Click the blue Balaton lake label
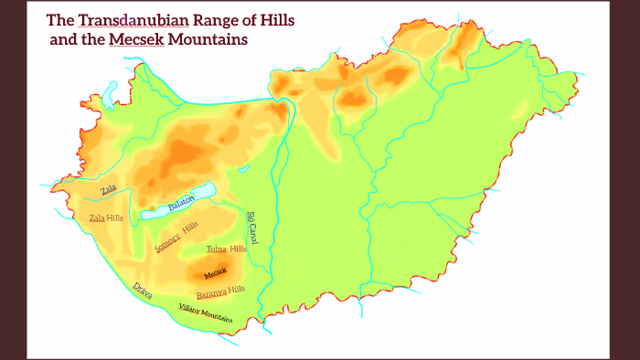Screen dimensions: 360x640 click(x=181, y=204)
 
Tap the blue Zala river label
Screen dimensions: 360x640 click(x=109, y=190)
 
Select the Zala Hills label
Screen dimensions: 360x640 click(x=105, y=217)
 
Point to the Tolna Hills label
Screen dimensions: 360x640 click(x=227, y=249)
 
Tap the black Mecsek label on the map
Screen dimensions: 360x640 click(x=215, y=273)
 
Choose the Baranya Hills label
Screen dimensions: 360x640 click(x=220, y=291)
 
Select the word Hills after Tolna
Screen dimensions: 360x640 click(x=238, y=249)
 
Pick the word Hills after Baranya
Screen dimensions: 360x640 click(x=236, y=290)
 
